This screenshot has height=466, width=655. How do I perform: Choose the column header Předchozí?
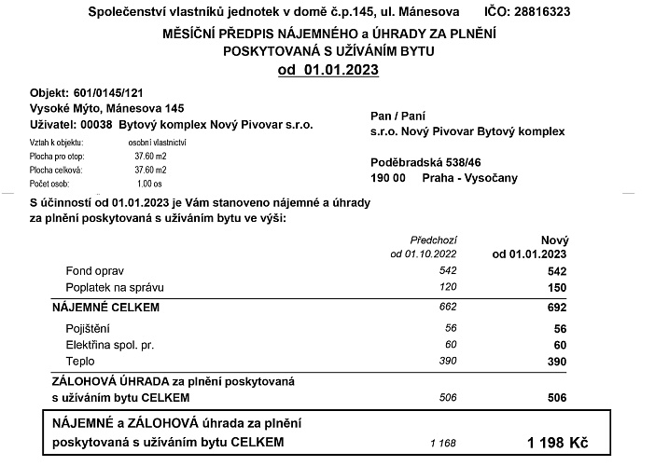click(434, 240)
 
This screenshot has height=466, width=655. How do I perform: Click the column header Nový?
click(553, 240)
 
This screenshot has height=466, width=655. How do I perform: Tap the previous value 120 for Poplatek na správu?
click(448, 287)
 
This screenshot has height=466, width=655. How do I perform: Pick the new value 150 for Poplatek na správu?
click(557, 287)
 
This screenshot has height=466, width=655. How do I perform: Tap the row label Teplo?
click(79, 360)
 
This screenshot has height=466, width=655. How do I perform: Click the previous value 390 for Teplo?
click(448, 360)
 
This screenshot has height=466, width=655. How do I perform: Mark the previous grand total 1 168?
click(443, 441)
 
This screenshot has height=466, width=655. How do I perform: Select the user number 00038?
click(99, 124)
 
